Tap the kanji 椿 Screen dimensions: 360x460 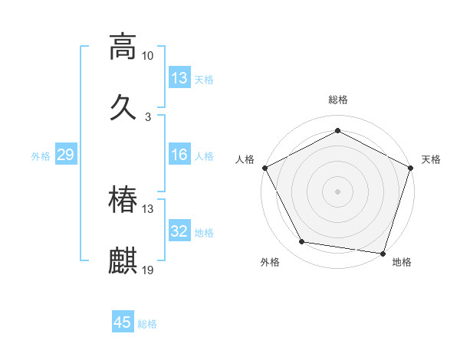(x=123, y=200)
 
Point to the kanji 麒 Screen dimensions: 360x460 (x=123, y=260)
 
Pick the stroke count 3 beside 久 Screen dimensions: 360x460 (x=148, y=116)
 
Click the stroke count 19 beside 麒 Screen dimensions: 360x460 (x=148, y=270)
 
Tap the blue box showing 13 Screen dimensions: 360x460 (x=179, y=78)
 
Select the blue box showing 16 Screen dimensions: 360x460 (x=179, y=155)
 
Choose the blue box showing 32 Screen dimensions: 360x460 (x=179, y=231)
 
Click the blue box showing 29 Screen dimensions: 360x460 (x=65, y=155)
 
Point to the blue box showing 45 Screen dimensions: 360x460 (x=123, y=322)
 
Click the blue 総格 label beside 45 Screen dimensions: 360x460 (x=147, y=324)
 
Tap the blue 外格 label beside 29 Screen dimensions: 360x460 (x=41, y=156)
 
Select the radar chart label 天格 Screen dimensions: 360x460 (x=431, y=159)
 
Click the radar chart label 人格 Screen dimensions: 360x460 (x=245, y=159)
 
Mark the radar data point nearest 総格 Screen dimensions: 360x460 (x=337, y=130)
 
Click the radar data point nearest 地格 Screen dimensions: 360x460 (x=383, y=254)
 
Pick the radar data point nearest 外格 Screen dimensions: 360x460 (x=302, y=242)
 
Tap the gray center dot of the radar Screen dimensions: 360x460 (x=337, y=191)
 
